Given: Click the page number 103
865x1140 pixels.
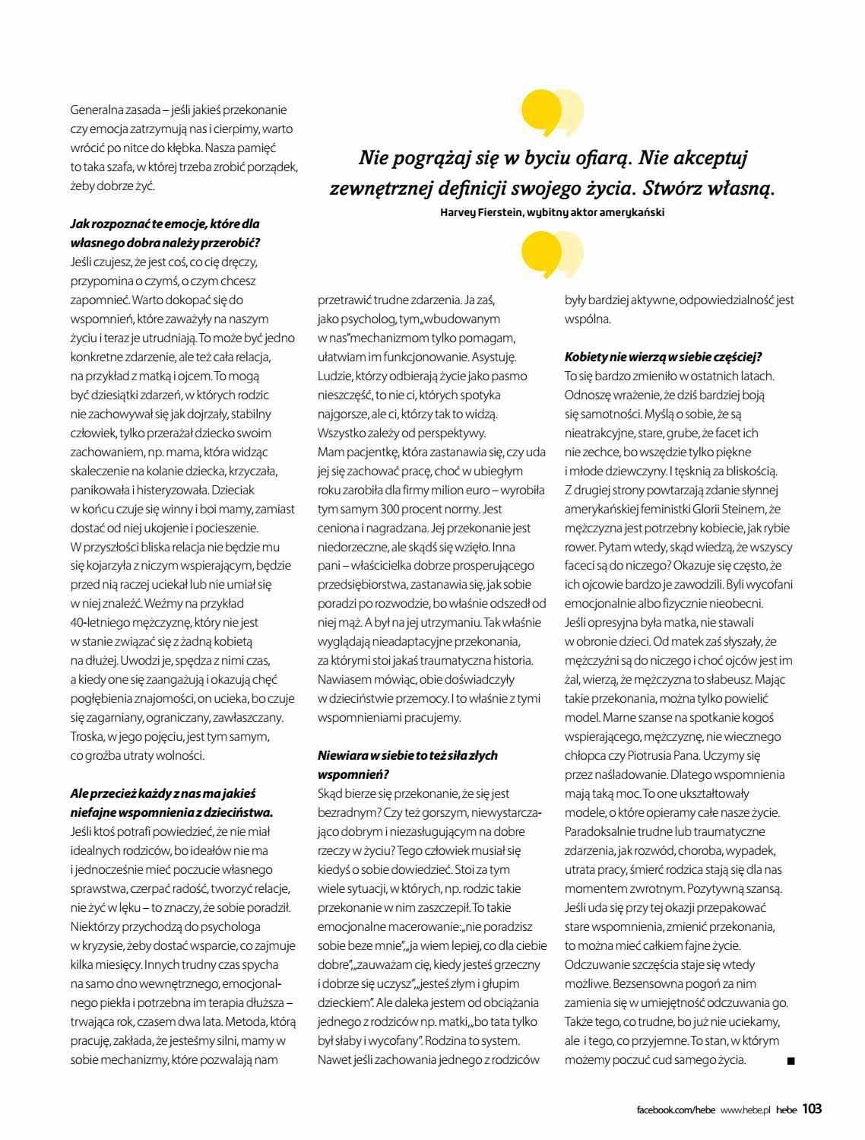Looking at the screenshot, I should pyautogui.click(x=812, y=1108).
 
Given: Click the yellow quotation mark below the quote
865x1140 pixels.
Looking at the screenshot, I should pyautogui.click(x=552, y=255).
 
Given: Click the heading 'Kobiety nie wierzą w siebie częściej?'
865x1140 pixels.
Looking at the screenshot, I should pyautogui.click(x=663, y=357).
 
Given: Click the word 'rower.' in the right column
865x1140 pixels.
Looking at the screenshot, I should pyautogui.click(x=580, y=547).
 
